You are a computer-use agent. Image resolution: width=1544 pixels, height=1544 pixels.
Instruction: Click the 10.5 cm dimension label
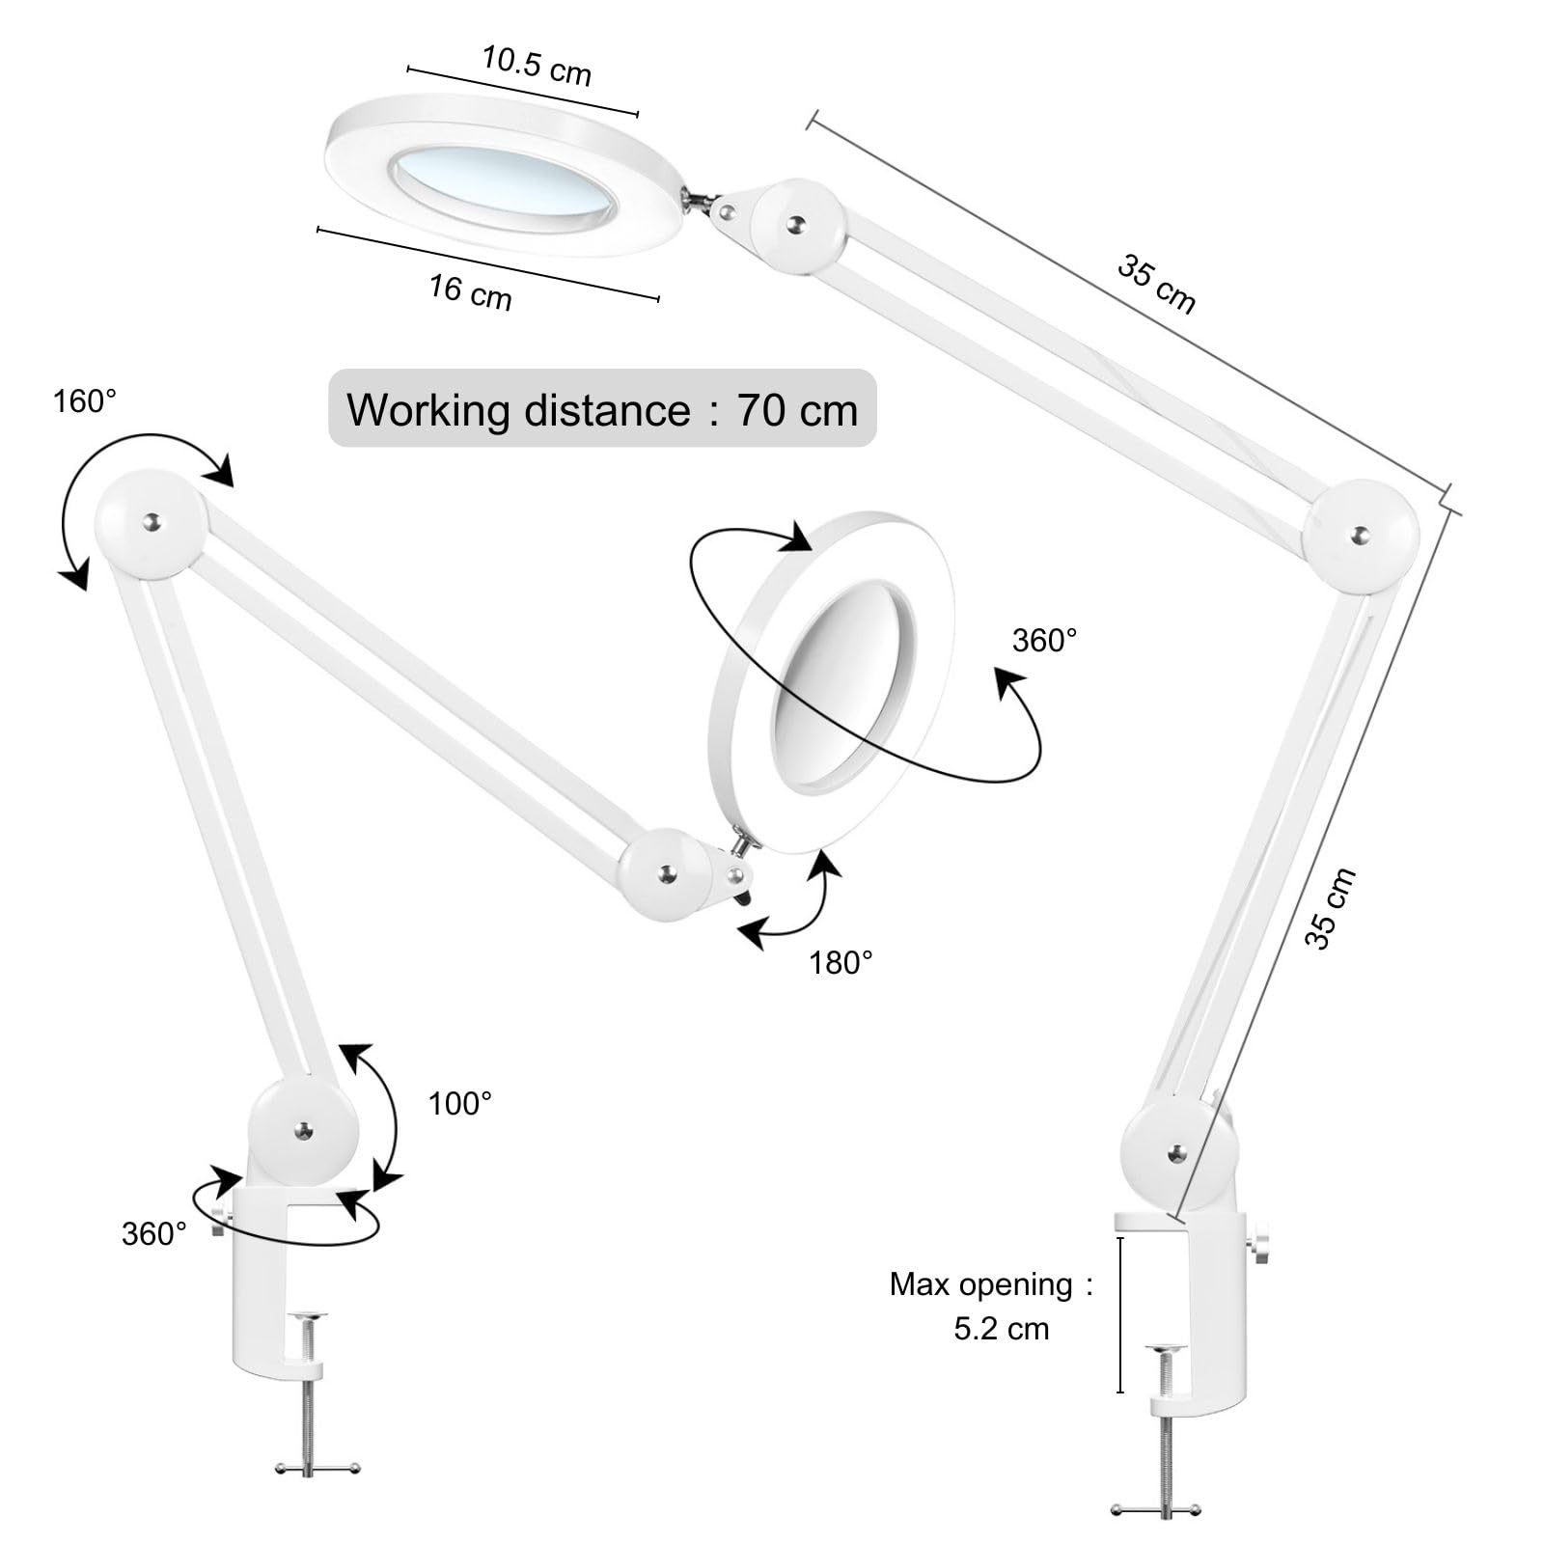click(x=537, y=65)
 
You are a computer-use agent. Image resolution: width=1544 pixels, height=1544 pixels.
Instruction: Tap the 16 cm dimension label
click(x=470, y=291)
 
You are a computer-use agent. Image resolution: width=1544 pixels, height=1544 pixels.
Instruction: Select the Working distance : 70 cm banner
click(x=602, y=408)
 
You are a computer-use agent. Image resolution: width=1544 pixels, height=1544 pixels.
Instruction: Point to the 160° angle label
click(x=85, y=400)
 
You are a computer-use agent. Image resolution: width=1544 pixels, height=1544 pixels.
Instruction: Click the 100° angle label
click(x=459, y=1103)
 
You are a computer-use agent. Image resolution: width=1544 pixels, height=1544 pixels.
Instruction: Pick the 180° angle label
click(x=841, y=962)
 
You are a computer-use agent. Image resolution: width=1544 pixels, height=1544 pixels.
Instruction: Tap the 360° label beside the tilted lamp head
click(x=1044, y=640)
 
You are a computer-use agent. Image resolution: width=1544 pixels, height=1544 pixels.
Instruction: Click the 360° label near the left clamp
click(x=154, y=1233)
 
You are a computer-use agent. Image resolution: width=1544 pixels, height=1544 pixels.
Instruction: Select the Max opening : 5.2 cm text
click(x=991, y=1306)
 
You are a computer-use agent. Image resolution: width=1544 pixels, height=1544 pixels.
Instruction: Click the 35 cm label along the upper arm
click(x=1156, y=284)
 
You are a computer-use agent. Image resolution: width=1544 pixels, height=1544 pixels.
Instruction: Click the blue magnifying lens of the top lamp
click(x=505, y=181)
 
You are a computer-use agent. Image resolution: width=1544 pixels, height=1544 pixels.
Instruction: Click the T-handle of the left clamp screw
click(x=317, y=1468)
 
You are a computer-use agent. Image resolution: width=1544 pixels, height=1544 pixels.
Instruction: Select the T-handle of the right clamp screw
click(x=1155, y=1510)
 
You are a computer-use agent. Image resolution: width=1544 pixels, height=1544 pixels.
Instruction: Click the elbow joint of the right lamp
click(x=1361, y=536)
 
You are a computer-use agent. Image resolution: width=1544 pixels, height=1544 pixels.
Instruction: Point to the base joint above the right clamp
click(x=1178, y=1152)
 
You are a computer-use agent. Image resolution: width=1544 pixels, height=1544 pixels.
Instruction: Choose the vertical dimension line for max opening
click(x=1120, y=1314)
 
